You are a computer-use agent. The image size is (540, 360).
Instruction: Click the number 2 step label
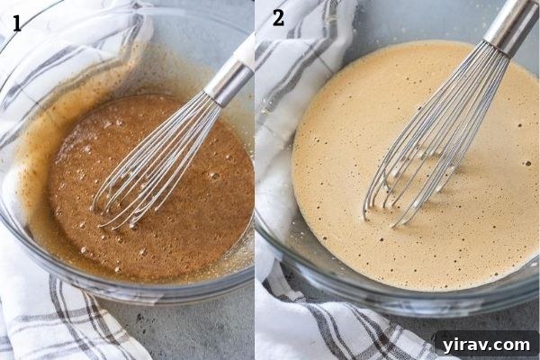[x=277, y=16]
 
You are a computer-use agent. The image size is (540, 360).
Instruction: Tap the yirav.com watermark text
[x=485, y=344]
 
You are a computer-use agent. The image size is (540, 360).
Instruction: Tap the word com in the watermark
[x=514, y=344]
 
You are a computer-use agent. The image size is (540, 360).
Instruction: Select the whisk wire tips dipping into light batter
[x=382, y=211]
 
